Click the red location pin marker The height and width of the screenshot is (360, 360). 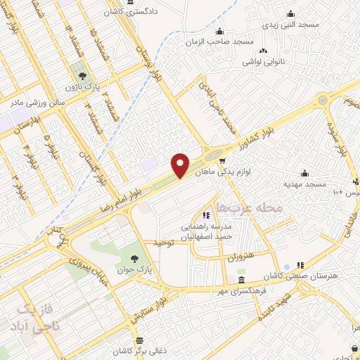point(181,165)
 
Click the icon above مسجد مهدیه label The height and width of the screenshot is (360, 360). point(305,172)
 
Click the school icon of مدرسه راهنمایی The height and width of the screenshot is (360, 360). point(206,216)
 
